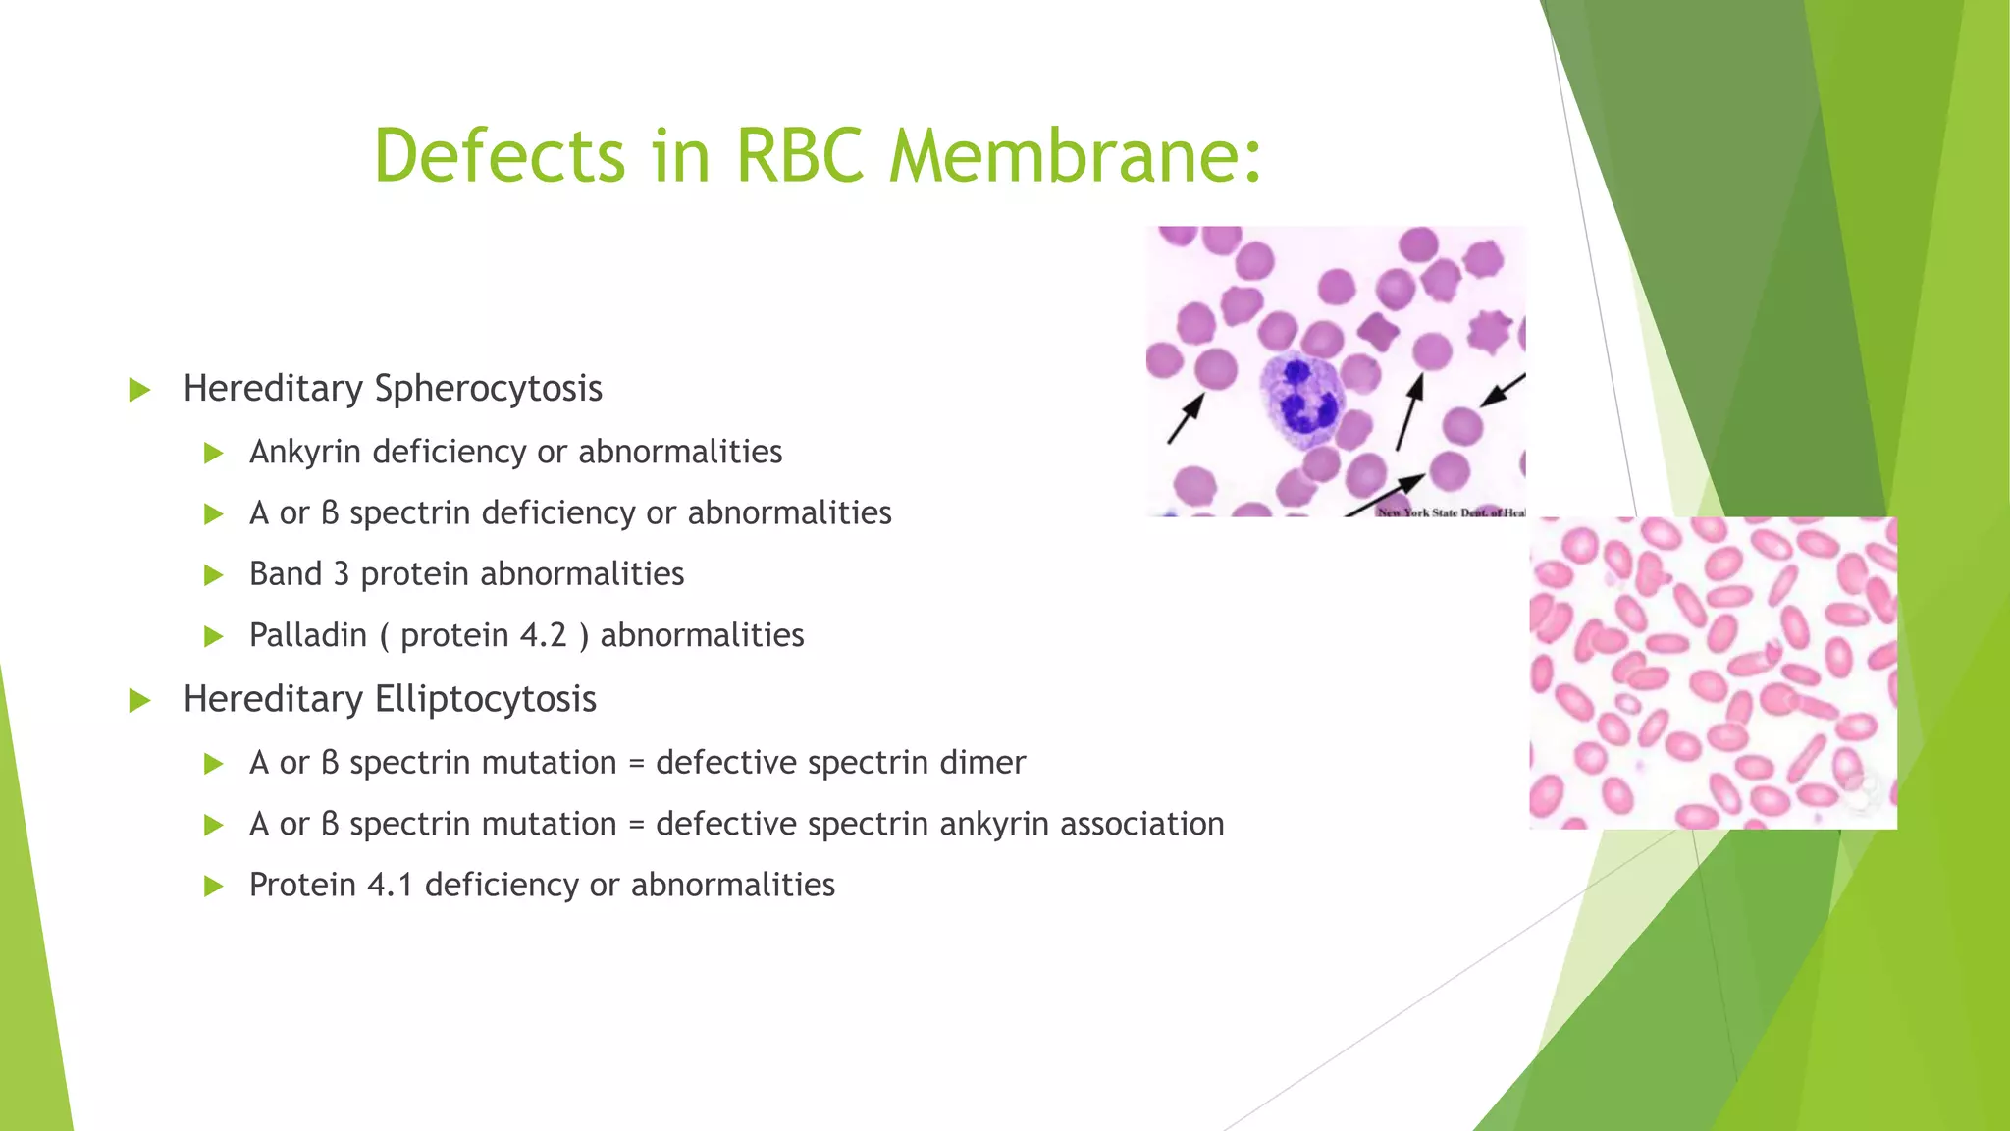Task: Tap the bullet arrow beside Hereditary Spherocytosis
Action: (x=139, y=390)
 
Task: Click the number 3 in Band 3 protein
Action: (x=341, y=574)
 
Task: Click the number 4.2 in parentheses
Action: (x=544, y=635)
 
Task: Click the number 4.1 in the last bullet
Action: (x=390, y=886)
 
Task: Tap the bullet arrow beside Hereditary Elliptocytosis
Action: (x=139, y=701)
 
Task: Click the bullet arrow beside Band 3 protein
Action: (x=213, y=575)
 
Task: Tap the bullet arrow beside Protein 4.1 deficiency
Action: (x=213, y=887)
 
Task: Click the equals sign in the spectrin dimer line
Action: (x=636, y=764)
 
